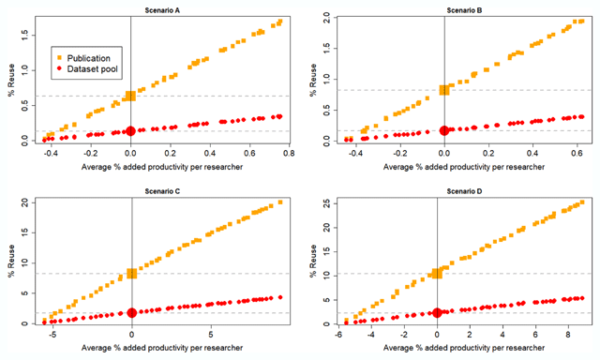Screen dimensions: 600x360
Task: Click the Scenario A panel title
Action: point(162,10)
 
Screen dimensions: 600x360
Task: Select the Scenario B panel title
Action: point(464,10)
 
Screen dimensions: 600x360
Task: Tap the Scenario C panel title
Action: point(162,191)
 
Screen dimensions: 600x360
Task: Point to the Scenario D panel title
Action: point(464,191)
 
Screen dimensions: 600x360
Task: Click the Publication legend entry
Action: point(83,58)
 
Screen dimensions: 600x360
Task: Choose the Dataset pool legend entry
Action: point(87,68)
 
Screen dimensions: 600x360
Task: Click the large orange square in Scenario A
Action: point(131,96)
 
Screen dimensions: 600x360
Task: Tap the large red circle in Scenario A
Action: point(131,131)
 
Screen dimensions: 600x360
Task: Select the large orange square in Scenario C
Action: point(132,273)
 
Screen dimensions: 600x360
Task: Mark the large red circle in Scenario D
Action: point(437,313)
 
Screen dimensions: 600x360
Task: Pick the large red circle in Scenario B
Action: point(444,130)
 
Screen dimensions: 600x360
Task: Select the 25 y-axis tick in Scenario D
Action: point(326,203)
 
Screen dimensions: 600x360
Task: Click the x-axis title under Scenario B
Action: point(464,167)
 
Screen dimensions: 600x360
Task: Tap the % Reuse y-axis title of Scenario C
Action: point(11,262)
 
